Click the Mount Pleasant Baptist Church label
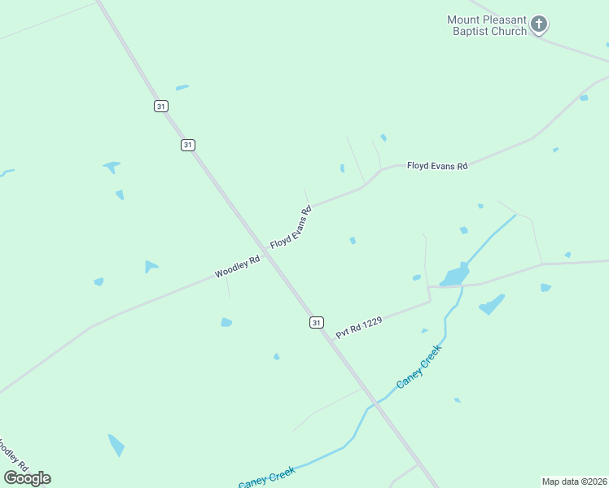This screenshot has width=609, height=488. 487,25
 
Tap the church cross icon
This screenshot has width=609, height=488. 539,24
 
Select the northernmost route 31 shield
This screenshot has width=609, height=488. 161,107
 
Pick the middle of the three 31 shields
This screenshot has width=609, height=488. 188,145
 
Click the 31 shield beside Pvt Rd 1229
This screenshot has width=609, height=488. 317,323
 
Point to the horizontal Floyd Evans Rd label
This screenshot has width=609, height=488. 437,166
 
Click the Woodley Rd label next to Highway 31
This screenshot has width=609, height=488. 237,267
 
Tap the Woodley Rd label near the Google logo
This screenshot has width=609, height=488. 13,456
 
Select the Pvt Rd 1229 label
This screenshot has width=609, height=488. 359,327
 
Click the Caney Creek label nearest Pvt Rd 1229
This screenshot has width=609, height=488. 418,366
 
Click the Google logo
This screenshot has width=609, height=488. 28,478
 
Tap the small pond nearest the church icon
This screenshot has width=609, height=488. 584,98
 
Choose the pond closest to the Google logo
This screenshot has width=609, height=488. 116,445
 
